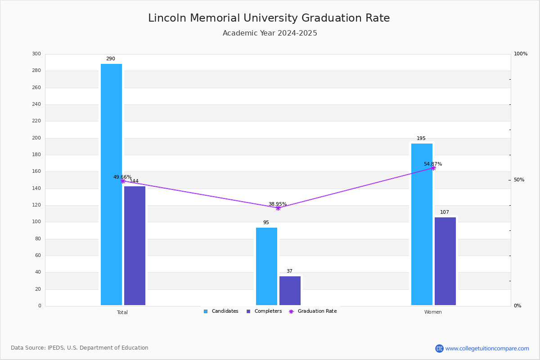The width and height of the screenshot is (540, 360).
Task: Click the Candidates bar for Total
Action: [x=111, y=184]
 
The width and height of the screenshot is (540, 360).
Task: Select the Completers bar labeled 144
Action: [x=135, y=246]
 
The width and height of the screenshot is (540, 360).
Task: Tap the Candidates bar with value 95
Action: [x=266, y=266]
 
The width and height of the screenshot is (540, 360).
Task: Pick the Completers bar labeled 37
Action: [x=290, y=291]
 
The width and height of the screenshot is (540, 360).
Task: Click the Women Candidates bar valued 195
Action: [x=422, y=224]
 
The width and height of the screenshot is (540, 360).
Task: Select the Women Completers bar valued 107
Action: [x=445, y=261]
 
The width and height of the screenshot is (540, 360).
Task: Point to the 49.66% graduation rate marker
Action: [x=123, y=181]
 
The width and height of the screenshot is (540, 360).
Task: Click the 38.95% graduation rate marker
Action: [x=278, y=208]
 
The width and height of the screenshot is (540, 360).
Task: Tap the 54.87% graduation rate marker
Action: [x=433, y=168]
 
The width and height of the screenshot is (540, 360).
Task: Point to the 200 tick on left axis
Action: [x=36, y=138]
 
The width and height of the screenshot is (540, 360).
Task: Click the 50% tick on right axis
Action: [x=519, y=180]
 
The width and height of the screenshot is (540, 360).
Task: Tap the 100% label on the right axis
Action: [x=520, y=54]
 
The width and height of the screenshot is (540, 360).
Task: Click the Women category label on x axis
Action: [x=433, y=312]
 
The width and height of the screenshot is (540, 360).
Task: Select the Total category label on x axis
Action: [x=122, y=312]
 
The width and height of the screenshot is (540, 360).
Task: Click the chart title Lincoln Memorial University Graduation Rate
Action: [x=269, y=18]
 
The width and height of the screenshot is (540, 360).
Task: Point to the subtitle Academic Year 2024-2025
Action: [x=270, y=33]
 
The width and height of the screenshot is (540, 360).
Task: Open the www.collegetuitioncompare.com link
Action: [x=487, y=348]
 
